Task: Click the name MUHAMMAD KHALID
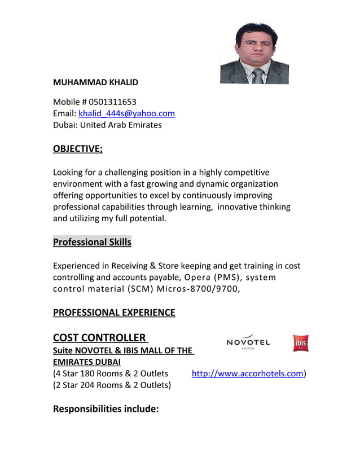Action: click(95, 82)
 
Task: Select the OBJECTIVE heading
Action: click(78, 149)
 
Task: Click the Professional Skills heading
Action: click(92, 243)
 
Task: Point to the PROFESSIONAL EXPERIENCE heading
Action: click(114, 313)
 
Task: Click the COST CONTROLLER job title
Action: click(99, 338)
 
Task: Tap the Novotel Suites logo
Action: click(248, 342)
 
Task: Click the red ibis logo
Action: click(300, 343)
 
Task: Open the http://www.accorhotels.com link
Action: click(248, 373)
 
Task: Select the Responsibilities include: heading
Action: click(106, 408)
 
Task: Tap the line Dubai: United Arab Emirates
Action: click(107, 125)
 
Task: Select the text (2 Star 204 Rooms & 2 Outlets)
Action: click(112, 385)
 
